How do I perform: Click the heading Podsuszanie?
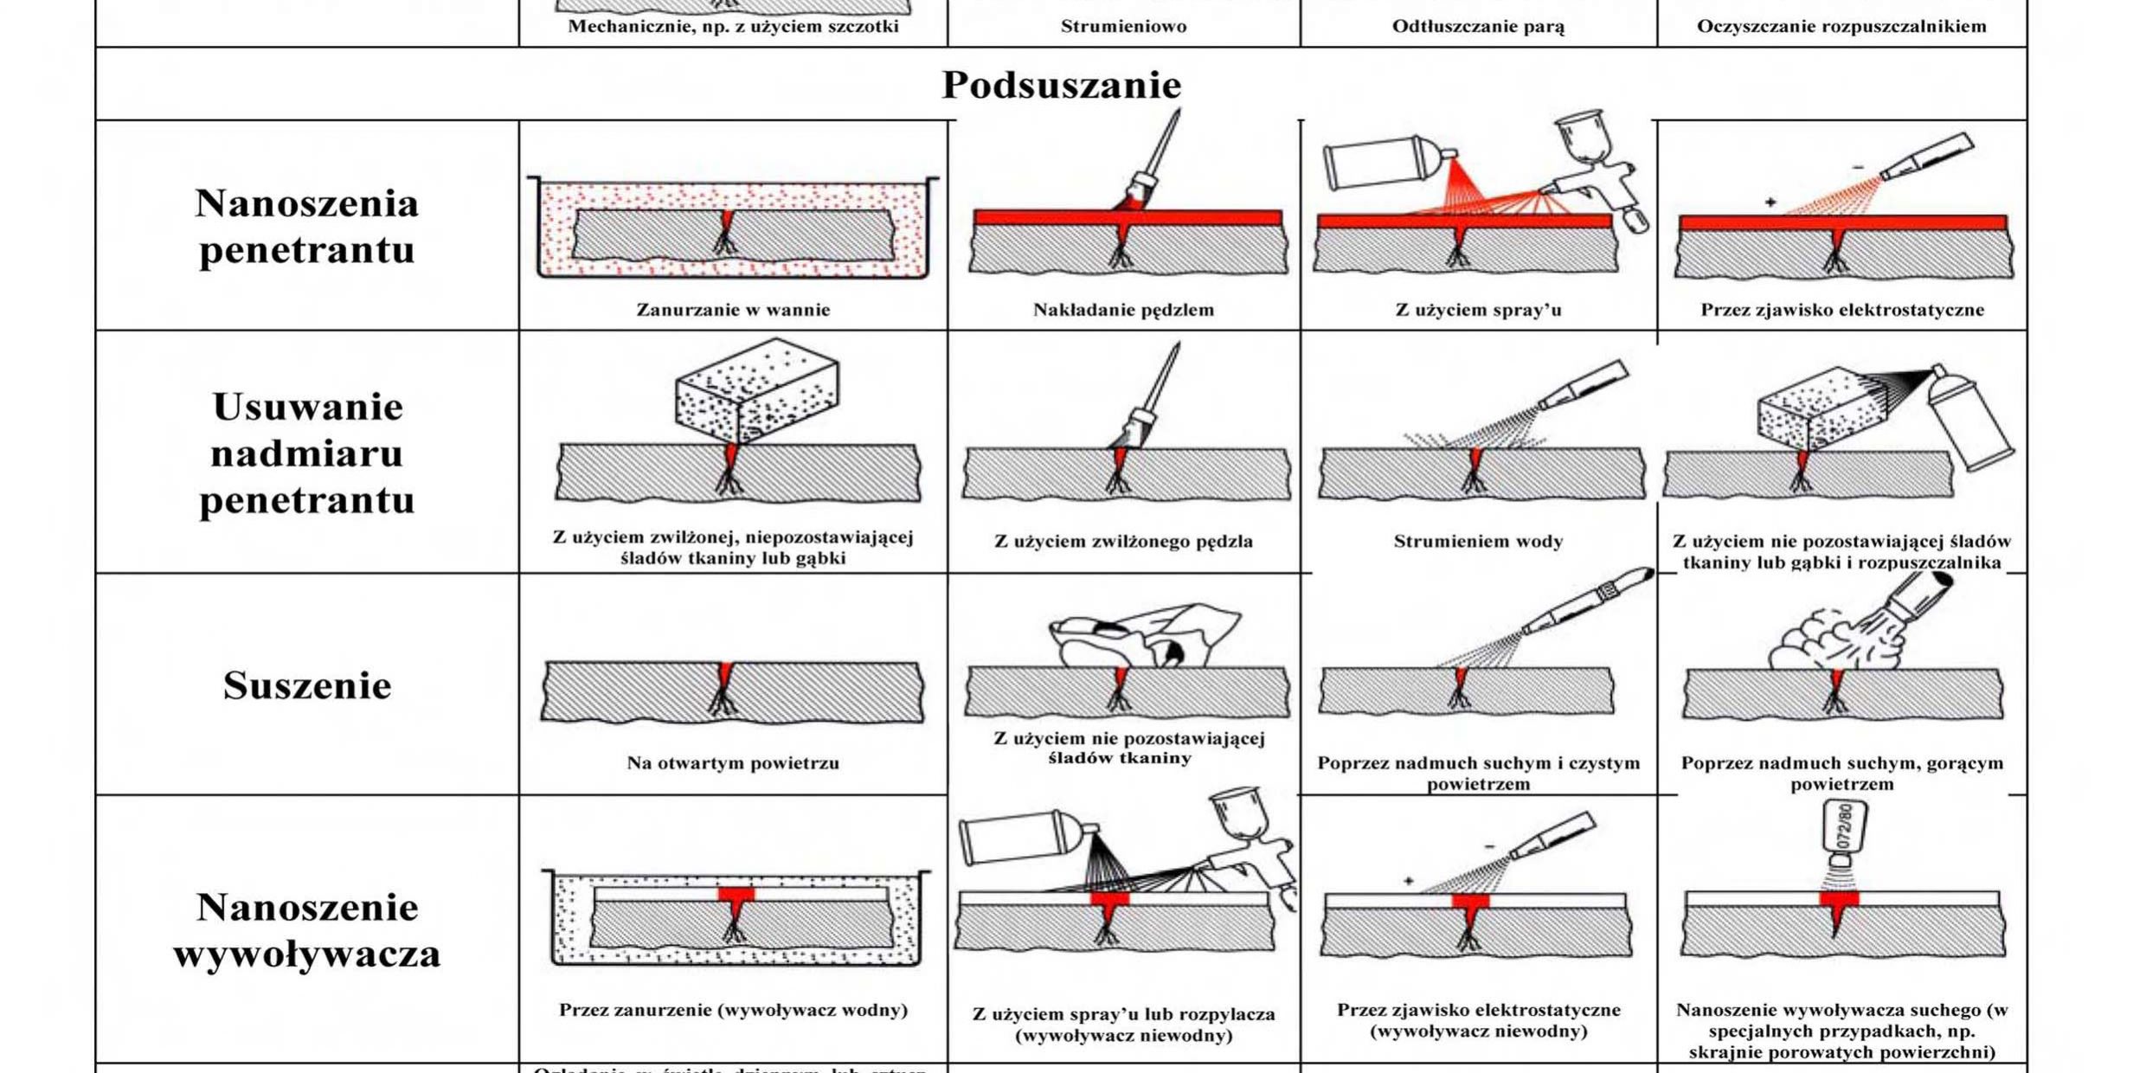pyautogui.click(x=1061, y=85)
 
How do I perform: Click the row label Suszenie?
pyautogui.click(x=307, y=685)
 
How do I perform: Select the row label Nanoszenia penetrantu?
pyautogui.click(x=307, y=227)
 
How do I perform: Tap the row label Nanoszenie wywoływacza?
pyautogui.click(x=307, y=930)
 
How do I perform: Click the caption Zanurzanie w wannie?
pyautogui.click(x=733, y=310)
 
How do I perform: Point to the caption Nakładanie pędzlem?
pyautogui.click(x=1123, y=310)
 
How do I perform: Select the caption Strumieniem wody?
pyautogui.click(x=1478, y=542)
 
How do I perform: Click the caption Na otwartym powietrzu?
pyautogui.click(x=733, y=763)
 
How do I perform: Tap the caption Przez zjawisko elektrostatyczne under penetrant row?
pyautogui.click(x=1842, y=310)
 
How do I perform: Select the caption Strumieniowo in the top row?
pyautogui.click(x=1123, y=26)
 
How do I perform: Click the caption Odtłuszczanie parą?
pyautogui.click(x=1478, y=26)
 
